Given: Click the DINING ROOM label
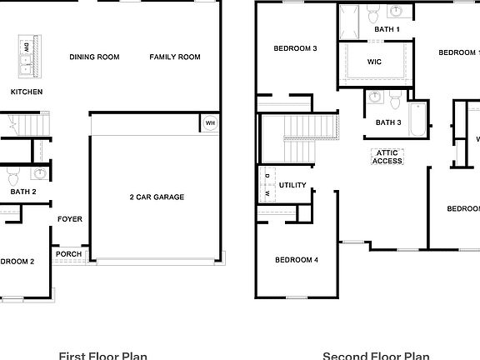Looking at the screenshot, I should [94, 57].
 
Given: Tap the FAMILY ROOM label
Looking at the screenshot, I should [175, 57].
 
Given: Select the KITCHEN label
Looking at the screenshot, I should [26, 92].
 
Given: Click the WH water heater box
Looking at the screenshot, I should [209, 124].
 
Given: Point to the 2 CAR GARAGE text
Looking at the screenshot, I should [157, 197].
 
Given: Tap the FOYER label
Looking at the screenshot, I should [69, 220].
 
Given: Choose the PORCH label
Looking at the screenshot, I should [69, 254].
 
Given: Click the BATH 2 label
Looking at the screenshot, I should [23, 192].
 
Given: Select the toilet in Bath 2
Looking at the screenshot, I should [13, 177].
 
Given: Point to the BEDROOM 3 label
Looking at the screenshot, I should [296, 49].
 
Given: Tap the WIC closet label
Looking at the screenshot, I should [374, 62].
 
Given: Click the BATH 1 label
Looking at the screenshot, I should [387, 30].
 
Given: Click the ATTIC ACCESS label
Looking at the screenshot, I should [387, 157].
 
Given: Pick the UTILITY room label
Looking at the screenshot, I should [292, 185].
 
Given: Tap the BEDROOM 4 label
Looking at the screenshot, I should [297, 261].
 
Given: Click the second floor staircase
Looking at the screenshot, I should [298, 138].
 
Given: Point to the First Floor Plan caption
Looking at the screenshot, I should [103, 355].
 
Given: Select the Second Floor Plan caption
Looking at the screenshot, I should [376, 355].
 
